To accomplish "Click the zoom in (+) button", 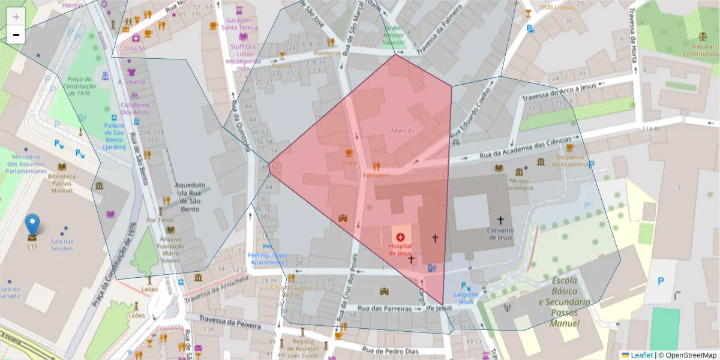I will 16,17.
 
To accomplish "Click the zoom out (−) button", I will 16,35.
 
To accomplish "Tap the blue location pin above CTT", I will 32,225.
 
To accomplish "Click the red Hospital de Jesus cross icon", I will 400,237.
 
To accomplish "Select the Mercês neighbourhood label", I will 403,130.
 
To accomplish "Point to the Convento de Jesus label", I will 500,233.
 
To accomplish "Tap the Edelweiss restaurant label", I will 376,175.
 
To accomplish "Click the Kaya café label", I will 349,163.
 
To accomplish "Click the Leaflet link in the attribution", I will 640,355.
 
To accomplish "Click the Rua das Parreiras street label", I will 385,308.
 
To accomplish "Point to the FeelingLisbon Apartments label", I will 268,259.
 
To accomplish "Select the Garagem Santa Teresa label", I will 239,23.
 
